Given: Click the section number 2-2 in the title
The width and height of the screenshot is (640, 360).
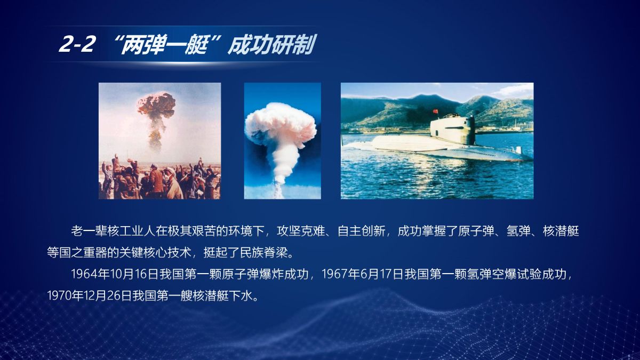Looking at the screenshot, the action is (x=76, y=44).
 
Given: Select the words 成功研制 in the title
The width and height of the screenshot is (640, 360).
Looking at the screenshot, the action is (x=271, y=45).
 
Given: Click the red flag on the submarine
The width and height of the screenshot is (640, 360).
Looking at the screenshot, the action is (x=435, y=111).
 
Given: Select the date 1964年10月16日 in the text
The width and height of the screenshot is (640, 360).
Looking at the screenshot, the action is (x=115, y=274).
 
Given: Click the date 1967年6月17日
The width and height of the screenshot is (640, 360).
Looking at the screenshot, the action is (x=363, y=274).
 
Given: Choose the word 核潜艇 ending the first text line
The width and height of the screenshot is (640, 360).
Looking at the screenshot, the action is (x=561, y=231).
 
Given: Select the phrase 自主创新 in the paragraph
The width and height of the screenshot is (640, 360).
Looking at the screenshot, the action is (x=361, y=231).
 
